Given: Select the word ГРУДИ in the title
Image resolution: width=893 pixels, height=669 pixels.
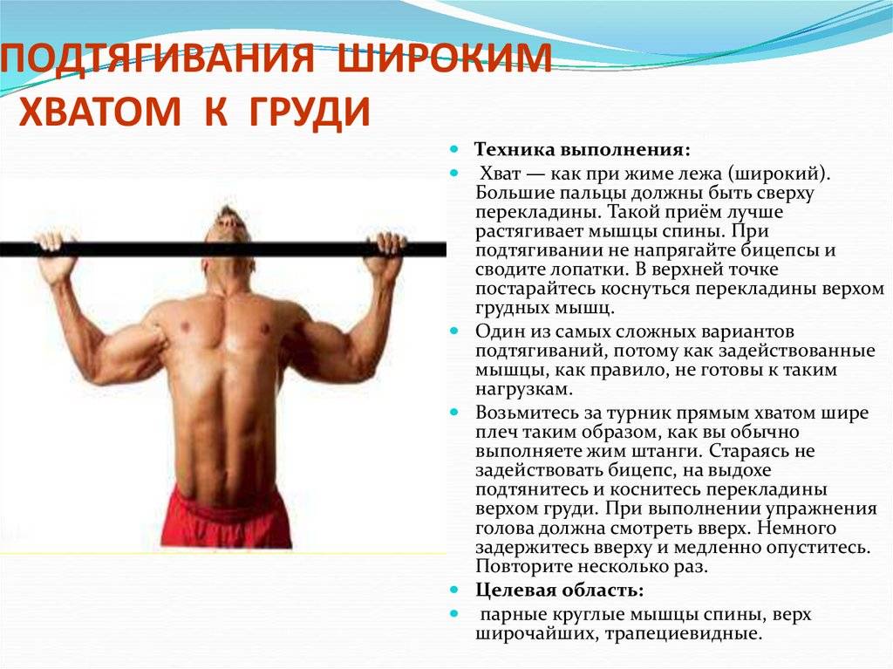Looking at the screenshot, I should [298, 112].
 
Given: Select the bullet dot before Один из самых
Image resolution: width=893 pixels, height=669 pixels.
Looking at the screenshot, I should [454, 331].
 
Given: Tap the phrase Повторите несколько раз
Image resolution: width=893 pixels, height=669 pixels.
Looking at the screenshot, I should [591, 567].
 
